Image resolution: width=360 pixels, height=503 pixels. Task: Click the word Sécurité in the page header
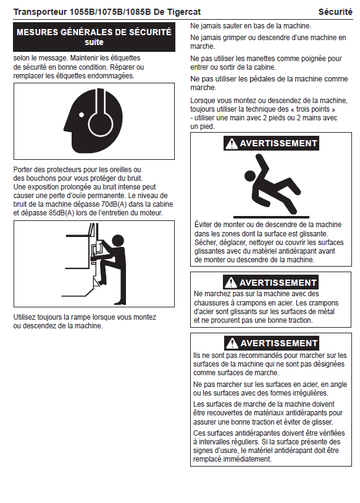(x=335, y=12)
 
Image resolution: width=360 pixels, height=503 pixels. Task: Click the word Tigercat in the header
(x=184, y=12)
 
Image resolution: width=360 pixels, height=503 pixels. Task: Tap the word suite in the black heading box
(x=94, y=42)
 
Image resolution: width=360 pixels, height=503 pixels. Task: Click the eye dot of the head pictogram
(x=82, y=115)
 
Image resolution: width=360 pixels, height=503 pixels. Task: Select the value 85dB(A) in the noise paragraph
(x=61, y=213)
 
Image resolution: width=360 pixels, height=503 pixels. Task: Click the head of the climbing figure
(x=117, y=241)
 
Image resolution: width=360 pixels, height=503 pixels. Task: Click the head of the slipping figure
(x=250, y=176)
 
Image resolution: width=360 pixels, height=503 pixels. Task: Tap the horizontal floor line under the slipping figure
(x=271, y=217)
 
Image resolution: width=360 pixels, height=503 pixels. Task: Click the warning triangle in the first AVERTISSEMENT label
(x=231, y=144)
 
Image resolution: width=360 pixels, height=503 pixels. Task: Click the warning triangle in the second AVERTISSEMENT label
(x=230, y=283)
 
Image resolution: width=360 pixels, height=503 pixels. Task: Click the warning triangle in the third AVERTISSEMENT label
(x=232, y=343)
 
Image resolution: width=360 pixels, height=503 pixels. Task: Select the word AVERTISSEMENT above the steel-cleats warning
(x=278, y=283)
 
